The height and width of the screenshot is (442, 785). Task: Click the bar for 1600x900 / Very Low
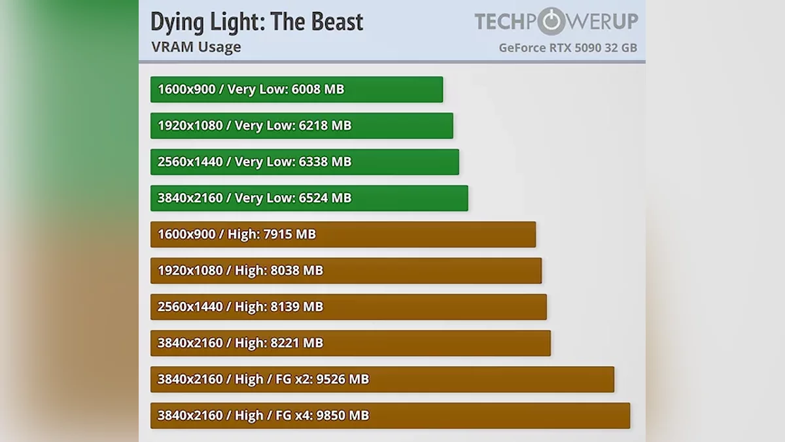[x=296, y=90]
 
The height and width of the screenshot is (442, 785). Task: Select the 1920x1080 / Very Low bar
[x=302, y=126]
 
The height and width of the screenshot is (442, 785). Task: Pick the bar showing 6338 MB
[x=304, y=162]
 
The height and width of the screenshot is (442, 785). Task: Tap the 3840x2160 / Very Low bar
[x=309, y=198]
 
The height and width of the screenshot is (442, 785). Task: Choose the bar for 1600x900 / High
[x=343, y=234]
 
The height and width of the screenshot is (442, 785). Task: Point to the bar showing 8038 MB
[x=346, y=270]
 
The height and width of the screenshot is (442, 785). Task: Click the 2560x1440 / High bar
[x=348, y=307]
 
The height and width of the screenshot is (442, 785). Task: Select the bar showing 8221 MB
[x=350, y=343]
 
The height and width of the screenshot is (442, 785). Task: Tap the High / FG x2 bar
[x=382, y=379]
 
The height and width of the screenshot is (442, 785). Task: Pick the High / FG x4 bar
[x=390, y=416]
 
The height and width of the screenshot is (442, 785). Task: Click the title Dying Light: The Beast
[x=256, y=22]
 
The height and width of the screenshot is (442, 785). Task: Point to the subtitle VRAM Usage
[x=196, y=47]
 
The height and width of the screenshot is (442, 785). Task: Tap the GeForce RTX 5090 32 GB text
[x=567, y=48]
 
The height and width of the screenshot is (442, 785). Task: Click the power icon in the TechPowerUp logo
[x=553, y=22]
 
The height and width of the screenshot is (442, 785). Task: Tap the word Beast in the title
[x=334, y=22]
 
